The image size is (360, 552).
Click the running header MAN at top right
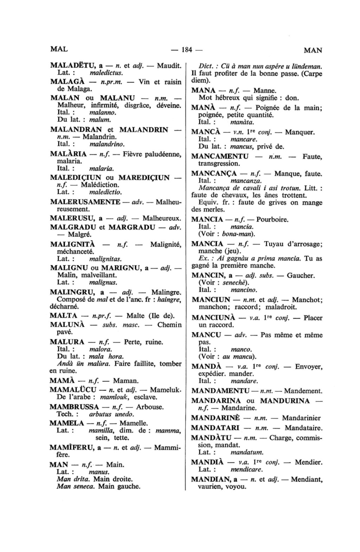(313, 50)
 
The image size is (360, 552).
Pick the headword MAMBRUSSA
(74, 407)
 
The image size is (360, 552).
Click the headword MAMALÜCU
(73, 390)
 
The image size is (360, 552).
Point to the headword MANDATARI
(215, 428)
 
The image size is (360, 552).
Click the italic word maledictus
(106, 73)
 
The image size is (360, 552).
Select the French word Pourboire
(272, 220)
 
